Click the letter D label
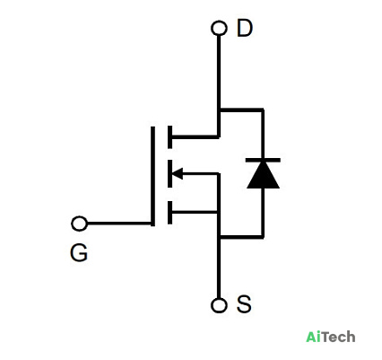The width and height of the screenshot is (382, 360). (245, 28)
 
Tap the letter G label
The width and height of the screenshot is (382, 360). (79, 252)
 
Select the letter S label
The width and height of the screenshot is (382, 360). (244, 304)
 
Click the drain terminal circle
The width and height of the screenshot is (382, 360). (219, 29)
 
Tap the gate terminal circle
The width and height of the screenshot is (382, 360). (80, 224)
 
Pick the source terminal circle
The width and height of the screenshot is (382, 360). (219, 305)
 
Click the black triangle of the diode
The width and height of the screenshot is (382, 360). (263, 175)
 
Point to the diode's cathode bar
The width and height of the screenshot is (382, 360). (263, 160)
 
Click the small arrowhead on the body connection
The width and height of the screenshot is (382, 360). (178, 173)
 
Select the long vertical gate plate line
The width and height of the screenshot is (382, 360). (152, 176)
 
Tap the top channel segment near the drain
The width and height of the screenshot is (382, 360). (170, 137)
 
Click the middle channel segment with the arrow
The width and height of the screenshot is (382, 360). (170, 173)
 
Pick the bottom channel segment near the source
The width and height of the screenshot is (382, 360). (170, 213)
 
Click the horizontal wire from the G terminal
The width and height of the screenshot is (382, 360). (119, 224)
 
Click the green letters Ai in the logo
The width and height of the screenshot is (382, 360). (315, 337)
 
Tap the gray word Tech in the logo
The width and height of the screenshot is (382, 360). (340, 337)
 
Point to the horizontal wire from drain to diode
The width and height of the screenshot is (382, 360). (241, 110)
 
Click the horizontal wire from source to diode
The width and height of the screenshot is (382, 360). (241, 237)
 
